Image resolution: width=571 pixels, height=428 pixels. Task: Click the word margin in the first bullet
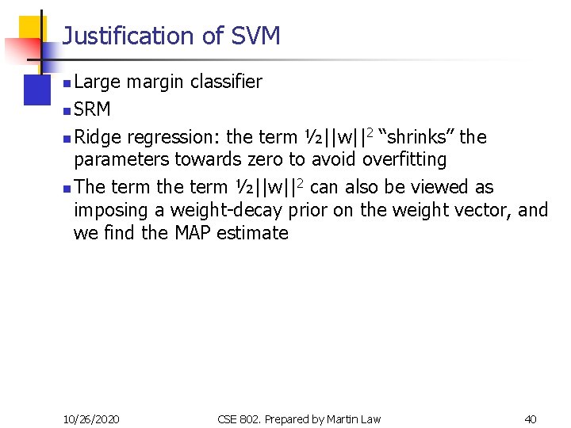coord(153,82)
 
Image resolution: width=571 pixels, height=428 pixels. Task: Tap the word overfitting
coord(404,159)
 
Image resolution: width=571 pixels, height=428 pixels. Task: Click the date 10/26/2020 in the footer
coord(91,418)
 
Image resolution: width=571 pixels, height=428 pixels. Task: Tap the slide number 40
coord(531,418)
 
